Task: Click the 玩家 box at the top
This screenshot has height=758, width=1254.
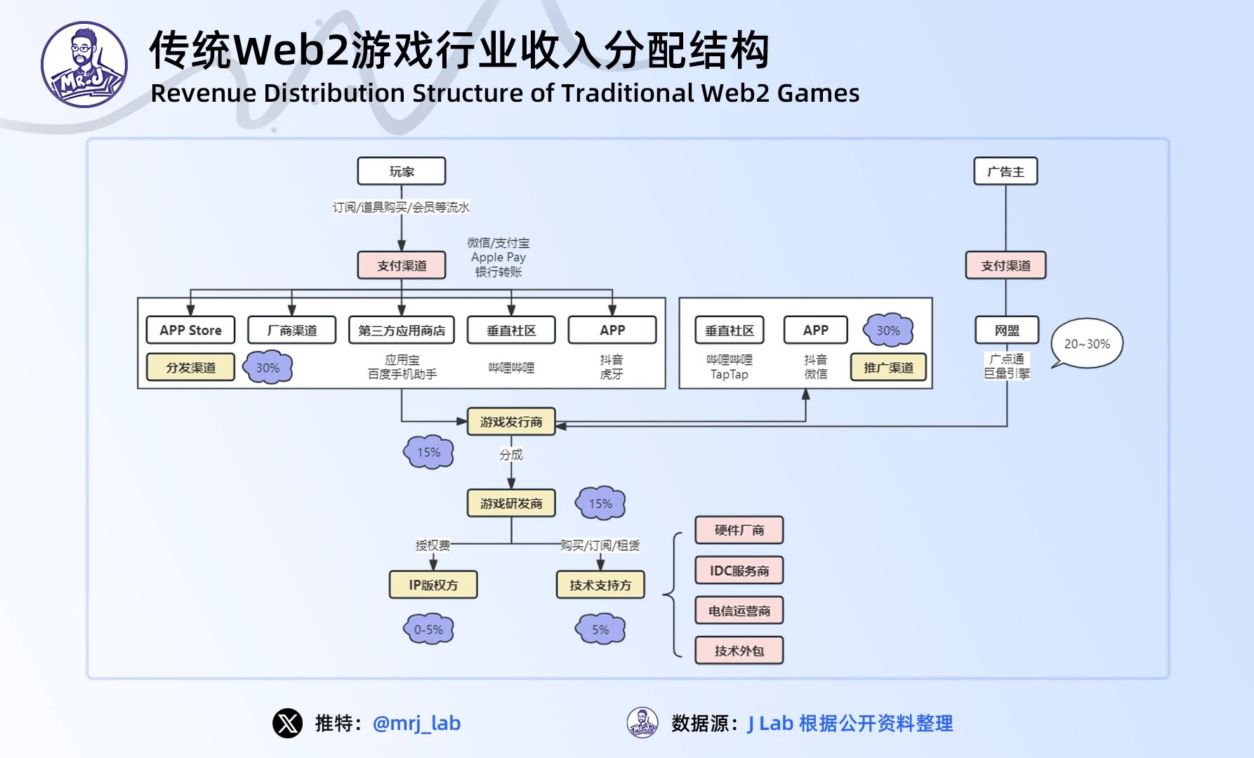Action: pyautogui.click(x=402, y=171)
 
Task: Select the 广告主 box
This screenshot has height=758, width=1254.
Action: pyautogui.click(x=1005, y=171)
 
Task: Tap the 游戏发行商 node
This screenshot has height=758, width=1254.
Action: pyautogui.click(x=511, y=422)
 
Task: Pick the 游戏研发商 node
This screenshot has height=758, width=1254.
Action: pyautogui.click(x=511, y=503)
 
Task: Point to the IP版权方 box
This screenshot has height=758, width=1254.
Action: pyautogui.click(x=433, y=585)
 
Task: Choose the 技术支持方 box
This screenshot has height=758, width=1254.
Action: pyautogui.click(x=600, y=585)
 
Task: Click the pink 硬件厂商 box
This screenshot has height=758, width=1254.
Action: pyautogui.click(x=739, y=530)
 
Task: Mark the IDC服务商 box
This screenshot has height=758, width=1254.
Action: pyautogui.click(x=739, y=571)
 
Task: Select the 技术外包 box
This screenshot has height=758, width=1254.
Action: pyautogui.click(x=739, y=651)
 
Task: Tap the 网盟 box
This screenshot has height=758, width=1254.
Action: pyautogui.click(x=1007, y=330)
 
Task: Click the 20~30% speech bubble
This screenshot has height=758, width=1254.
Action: pyautogui.click(x=1087, y=344)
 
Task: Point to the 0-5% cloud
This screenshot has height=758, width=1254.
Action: pyautogui.click(x=428, y=630)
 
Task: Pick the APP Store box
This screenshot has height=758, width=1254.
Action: pyautogui.click(x=190, y=330)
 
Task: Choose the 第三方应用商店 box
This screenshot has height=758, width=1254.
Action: pyautogui.click(x=402, y=330)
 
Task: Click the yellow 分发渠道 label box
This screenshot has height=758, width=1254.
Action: pyautogui.click(x=190, y=367)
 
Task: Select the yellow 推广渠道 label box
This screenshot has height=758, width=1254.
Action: pyautogui.click(x=888, y=367)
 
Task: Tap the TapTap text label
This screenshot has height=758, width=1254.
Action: pyautogui.click(x=730, y=375)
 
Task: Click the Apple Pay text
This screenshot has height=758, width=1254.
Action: pyautogui.click(x=499, y=258)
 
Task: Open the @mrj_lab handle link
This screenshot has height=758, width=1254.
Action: pyautogui.click(x=416, y=723)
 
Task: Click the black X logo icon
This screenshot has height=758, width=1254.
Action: pyautogui.click(x=288, y=723)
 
